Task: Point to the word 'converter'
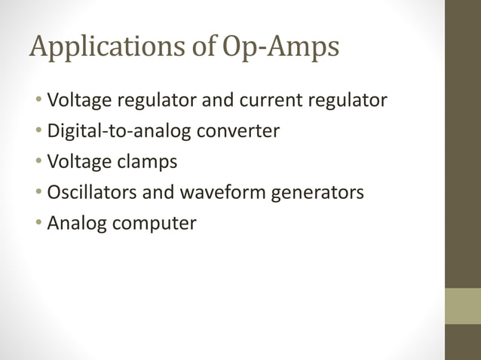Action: pyautogui.click(x=239, y=131)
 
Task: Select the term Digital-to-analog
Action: pyautogui.click(x=121, y=131)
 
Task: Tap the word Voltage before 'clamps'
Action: pyautogui.click(x=78, y=162)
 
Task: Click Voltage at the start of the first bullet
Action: pyautogui.click(x=78, y=100)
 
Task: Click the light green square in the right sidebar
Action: pyautogui.click(x=462, y=306)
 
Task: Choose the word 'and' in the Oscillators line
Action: pyautogui.click(x=158, y=193)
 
